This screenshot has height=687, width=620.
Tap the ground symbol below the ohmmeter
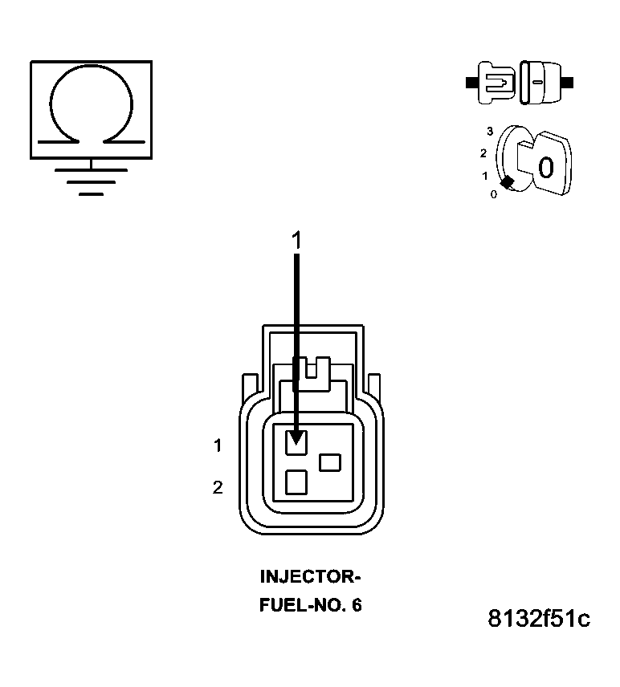point(91,181)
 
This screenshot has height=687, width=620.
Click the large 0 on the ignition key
point(545,168)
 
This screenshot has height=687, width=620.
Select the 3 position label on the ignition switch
point(489,131)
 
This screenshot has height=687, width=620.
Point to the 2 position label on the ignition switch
point(483,152)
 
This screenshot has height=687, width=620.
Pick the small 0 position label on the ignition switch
point(493,193)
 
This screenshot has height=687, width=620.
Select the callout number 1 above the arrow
point(297,239)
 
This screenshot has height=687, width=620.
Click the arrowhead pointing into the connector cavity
point(297,437)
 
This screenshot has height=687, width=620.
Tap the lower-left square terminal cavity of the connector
point(296,482)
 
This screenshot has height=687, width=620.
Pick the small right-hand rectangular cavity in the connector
point(330,462)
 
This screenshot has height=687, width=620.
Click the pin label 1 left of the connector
point(218,445)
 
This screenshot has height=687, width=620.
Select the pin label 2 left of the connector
point(218,487)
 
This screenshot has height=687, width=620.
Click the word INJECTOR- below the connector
point(311,577)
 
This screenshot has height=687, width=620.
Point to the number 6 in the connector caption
point(356,605)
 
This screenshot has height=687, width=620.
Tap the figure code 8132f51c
point(538,620)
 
